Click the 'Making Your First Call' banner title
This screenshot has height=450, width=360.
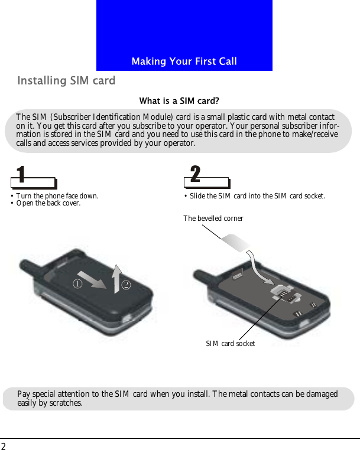[184, 61]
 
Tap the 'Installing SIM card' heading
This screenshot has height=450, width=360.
[66, 80]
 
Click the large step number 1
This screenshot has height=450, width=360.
[21, 175]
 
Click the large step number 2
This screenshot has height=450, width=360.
[195, 175]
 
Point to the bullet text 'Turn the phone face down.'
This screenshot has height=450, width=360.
[57, 195]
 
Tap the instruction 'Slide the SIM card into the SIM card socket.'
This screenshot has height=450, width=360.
[257, 195]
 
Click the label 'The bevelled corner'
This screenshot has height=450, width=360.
[213, 219]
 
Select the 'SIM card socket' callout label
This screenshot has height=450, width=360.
[230, 343]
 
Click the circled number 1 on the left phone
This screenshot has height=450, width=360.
[77, 283]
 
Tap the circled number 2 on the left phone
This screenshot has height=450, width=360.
[126, 285]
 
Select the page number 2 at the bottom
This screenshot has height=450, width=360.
[4, 445]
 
